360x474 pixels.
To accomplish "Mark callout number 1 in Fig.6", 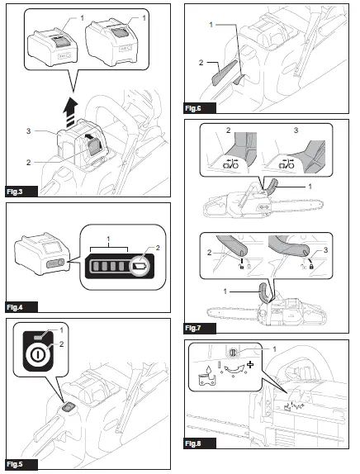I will [x=211, y=25].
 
